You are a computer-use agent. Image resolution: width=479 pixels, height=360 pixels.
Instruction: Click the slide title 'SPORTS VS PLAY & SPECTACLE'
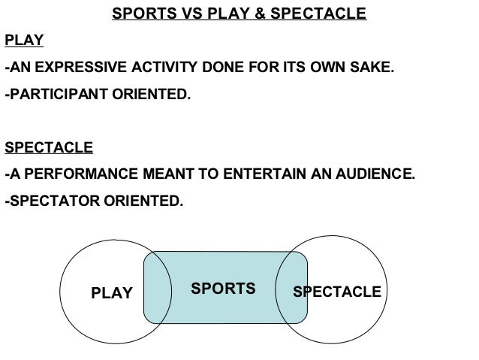(239, 14)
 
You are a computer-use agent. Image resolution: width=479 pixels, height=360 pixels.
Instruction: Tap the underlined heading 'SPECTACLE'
(49, 147)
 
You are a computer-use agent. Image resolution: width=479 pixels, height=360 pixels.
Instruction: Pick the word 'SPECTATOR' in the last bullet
(48, 201)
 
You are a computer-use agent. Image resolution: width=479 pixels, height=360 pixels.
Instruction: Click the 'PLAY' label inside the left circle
(111, 293)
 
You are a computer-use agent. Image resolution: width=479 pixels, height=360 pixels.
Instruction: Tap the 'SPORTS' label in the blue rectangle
(223, 289)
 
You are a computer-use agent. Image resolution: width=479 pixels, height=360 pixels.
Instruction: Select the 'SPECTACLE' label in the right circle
(336, 292)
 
